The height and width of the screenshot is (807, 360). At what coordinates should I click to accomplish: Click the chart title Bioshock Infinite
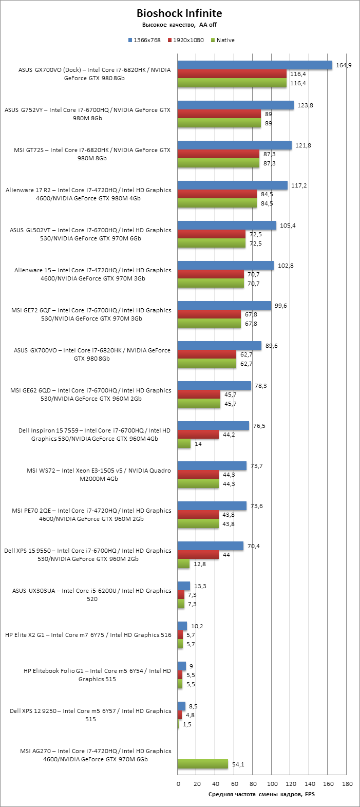(179, 13)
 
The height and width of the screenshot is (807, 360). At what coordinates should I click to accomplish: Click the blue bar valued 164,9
(255, 65)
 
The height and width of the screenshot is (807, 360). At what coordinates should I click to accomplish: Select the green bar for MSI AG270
(202, 764)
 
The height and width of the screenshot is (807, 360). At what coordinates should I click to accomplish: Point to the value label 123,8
(305, 105)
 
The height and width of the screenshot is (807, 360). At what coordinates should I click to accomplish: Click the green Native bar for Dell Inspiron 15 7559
(184, 444)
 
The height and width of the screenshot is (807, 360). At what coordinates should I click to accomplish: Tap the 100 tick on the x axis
(272, 784)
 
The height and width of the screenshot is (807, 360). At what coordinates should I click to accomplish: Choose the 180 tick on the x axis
(347, 784)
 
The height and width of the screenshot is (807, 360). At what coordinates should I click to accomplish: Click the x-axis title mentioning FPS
(261, 794)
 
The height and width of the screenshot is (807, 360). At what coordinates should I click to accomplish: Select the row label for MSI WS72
(99, 475)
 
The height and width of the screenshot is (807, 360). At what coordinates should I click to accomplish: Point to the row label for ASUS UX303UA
(92, 595)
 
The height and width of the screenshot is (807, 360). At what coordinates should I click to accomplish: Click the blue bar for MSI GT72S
(234, 145)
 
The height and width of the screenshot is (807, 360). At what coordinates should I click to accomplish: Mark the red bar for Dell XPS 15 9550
(198, 555)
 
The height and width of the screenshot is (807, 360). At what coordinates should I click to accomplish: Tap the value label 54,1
(238, 764)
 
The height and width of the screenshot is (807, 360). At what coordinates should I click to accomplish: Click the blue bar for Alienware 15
(225, 265)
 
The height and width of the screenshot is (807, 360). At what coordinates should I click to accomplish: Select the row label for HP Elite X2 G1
(88, 635)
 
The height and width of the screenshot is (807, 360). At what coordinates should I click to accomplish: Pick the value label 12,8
(198, 564)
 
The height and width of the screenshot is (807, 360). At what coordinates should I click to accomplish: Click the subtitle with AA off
(179, 25)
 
